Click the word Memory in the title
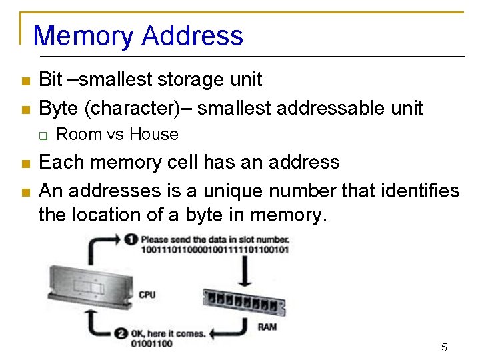point(85,35)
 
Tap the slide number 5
point(444,347)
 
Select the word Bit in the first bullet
point(51,80)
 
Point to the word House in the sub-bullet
point(154,135)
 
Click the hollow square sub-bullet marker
point(42,135)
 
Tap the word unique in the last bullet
point(215,191)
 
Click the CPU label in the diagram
point(147,295)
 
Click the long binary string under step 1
point(214,249)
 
